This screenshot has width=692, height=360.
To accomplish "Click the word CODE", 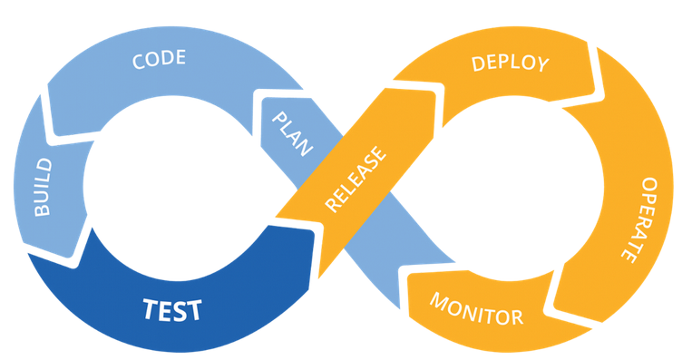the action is (x=159, y=59).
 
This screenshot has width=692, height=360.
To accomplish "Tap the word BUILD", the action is (x=43, y=187).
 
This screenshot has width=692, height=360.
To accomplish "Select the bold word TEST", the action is (x=172, y=310).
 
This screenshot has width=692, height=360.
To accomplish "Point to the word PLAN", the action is (x=292, y=133).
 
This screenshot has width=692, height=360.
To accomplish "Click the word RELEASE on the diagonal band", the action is (x=356, y=180).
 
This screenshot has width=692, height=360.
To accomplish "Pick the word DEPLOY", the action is (x=511, y=63).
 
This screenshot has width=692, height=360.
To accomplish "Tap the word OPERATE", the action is (x=641, y=219).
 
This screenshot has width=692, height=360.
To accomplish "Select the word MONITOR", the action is (x=476, y=309).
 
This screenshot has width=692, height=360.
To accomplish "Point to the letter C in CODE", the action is (x=139, y=63).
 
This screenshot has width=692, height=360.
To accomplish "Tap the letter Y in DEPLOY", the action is (x=542, y=65).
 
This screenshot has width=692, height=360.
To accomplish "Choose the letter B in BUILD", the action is (x=43, y=209).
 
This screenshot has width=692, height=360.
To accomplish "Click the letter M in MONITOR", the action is (x=438, y=301).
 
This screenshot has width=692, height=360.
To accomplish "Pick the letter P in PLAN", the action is (x=279, y=118).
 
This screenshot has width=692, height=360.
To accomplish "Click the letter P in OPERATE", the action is (x=648, y=197).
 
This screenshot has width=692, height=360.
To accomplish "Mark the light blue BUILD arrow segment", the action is (x=49, y=185).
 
